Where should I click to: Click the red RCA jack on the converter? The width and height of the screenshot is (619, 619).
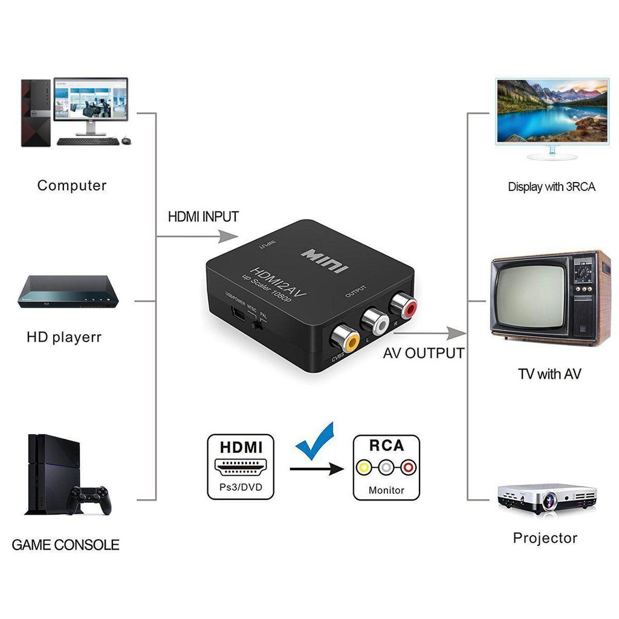(403, 306)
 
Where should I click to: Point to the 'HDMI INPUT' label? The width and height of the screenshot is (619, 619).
(203, 216)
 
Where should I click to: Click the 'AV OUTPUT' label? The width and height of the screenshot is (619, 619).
(423, 353)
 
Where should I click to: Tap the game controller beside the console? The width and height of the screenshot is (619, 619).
(89, 499)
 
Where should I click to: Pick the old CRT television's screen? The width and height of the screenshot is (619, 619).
(531, 295)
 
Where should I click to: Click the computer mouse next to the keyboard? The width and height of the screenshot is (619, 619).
(126, 140)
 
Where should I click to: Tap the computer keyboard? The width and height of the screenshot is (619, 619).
(88, 141)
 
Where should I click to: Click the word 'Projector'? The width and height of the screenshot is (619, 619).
(545, 538)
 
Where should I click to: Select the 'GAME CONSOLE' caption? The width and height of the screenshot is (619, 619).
(65, 545)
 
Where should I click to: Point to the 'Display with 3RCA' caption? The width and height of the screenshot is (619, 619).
(551, 187)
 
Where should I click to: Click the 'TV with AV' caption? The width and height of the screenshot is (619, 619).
(549, 374)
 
